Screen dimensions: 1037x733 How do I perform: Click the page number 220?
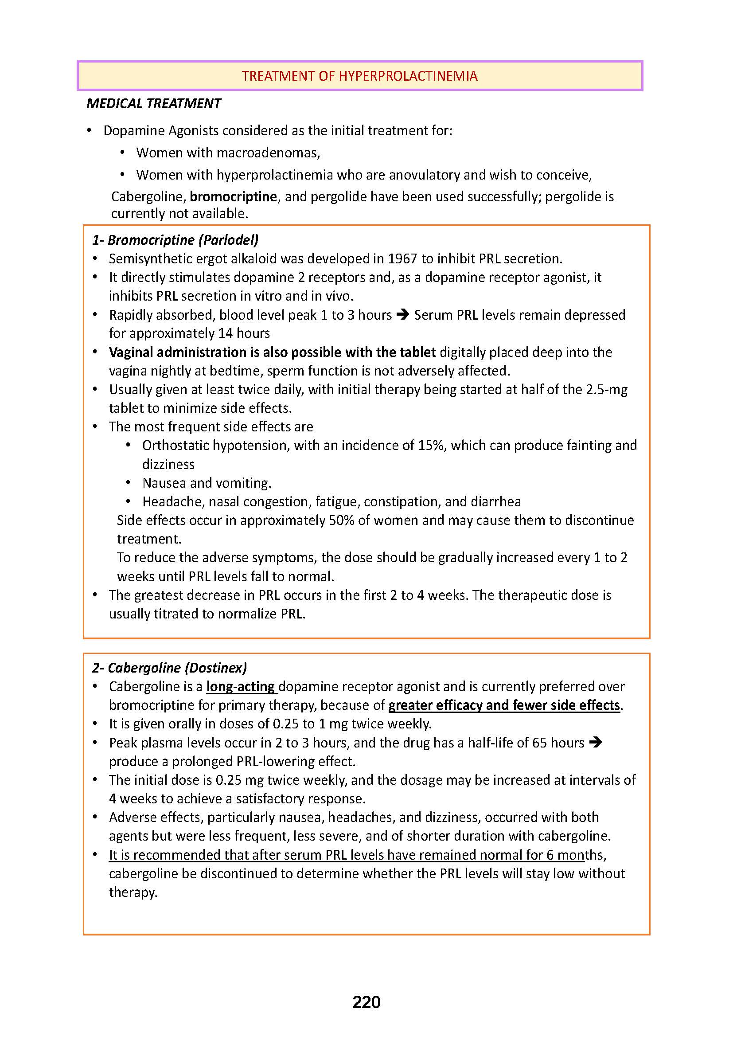366,1002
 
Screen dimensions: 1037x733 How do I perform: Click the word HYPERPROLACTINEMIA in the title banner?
408,76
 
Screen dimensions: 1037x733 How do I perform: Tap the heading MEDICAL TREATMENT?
153,104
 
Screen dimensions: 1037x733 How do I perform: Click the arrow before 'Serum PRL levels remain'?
402,315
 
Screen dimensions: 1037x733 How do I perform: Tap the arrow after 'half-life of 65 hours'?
596,743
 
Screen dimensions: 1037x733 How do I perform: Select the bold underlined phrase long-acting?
241,686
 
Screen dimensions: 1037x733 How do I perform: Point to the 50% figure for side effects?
342,520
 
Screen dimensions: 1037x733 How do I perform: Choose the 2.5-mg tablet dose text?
607,389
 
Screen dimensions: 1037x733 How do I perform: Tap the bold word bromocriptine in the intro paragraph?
233,197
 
